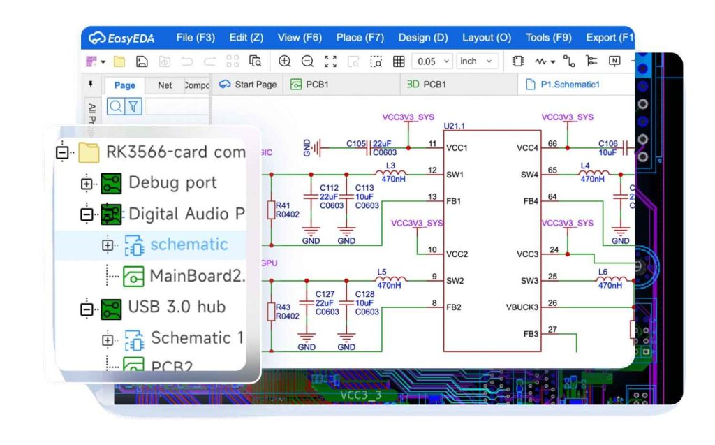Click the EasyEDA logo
coord(122,38)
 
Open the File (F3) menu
coord(195,38)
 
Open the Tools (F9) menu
coord(548,38)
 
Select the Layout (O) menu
coord(486,38)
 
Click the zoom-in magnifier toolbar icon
coord(285,61)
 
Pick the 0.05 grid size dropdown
coord(432,61)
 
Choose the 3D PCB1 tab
coord(426,85)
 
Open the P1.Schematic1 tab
coord(569,85)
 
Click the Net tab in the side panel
coord(165,85)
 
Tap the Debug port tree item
coord(172,183)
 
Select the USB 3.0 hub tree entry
coord(176,307)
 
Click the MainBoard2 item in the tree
coord(196,276)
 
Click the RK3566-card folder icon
coord(89,152)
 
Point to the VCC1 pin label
coord(457,147)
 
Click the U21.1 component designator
coord(454,126)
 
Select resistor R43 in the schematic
coord(272,312)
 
